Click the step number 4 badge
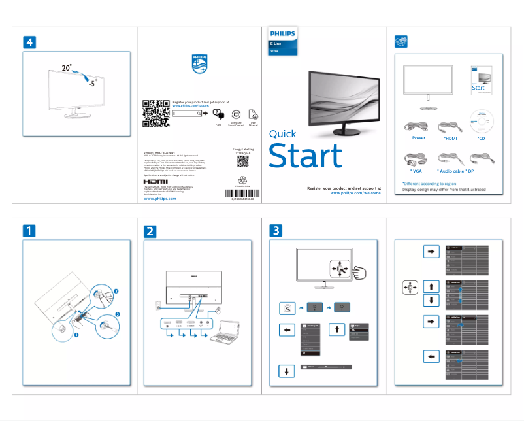tap(30, 41)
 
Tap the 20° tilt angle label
tap(67, 67)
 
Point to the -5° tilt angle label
tap(93, 83)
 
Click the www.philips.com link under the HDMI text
tap(160, 198)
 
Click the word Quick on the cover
tap(283, 134)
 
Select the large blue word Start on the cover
tap(305, 157)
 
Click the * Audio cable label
tap(450, 170)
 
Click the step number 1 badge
tap(30, 231)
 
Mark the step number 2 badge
tap(151, 231)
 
